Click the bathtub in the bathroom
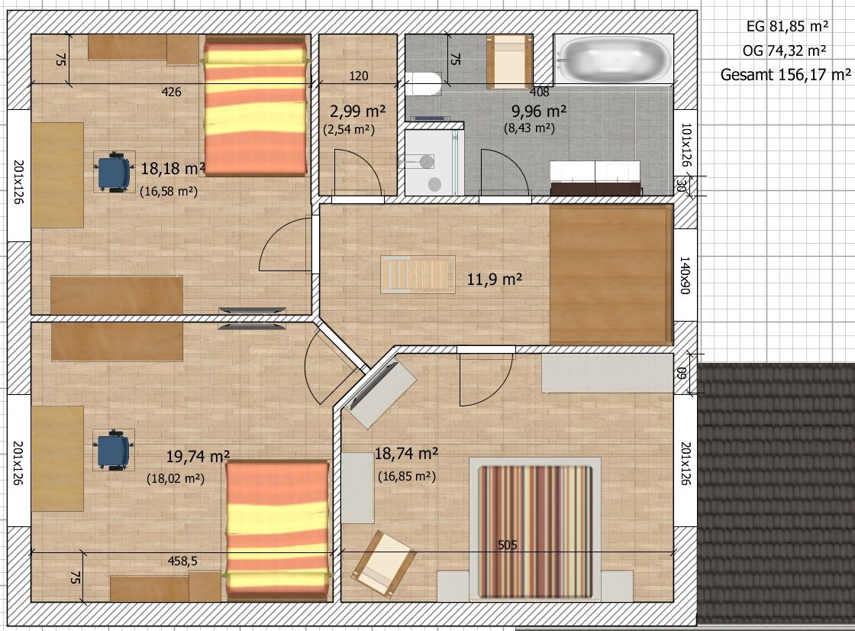click(x=614, y=59)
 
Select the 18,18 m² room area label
click(x=173, y=169)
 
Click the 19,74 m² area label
click(x=198, y=456)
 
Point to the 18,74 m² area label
click(x=406, y=454)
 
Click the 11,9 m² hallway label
click(x=495, y=280)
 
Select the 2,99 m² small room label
click(x=358, y=112)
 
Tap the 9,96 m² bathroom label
click(x=539, y=112)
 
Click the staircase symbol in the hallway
click(x=418, y=275)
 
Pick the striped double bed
click(x=535, y=529)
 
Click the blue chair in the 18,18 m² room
click(x=114, y=173)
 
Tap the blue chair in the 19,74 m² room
click(x=114, y=450)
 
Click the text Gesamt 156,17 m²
click(x=786, y=75)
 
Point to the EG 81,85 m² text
click(x=787, y=26)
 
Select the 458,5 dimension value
click(x=182, y=561)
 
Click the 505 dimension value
click(x=507, y=545)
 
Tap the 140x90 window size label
click(x=685, y=276)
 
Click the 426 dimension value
click(x=171, y=92)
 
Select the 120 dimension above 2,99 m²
click(x=358, y=76)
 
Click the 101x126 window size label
click(x=686, y=144)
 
